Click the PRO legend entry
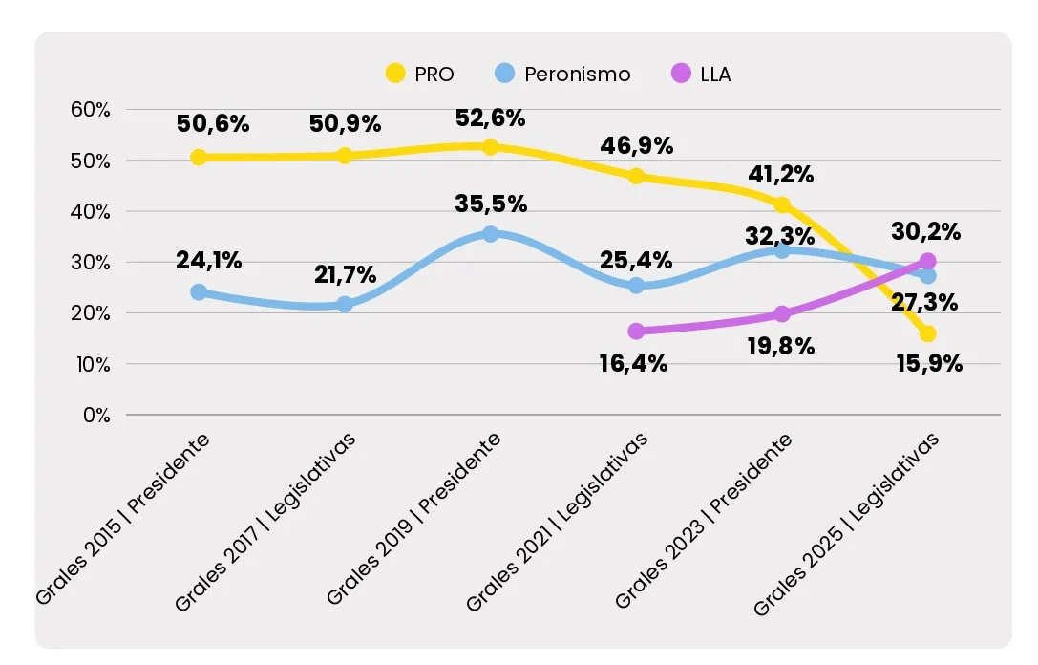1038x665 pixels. [419, 74]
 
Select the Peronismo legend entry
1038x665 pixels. [564, 74]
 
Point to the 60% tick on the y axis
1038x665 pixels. [91, 109]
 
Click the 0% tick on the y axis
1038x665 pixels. [95, 415]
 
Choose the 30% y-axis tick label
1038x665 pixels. [91, 262]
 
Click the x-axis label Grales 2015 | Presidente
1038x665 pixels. [124, 521]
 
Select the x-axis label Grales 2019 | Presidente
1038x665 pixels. [414, 521]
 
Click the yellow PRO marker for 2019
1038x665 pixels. [490, 146]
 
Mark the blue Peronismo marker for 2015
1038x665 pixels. [199, 291]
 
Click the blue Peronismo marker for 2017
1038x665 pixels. [345, 304]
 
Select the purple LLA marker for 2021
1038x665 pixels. [636, 331]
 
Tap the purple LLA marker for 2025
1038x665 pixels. [927, 261]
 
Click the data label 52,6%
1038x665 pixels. [490, 118]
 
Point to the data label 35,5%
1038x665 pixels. [491, 204]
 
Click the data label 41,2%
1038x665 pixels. [778, 175]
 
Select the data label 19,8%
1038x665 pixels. [779, 346]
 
